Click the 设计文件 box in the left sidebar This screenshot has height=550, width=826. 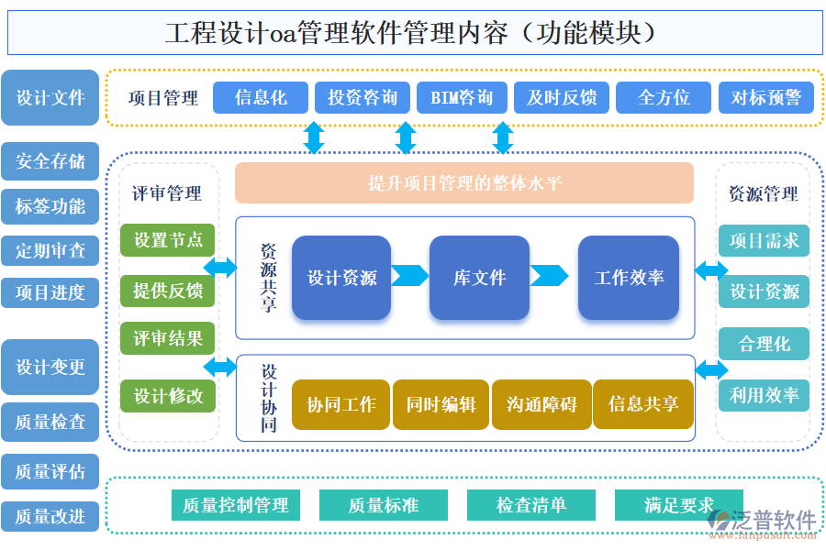50,97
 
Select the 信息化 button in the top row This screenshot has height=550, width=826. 261,97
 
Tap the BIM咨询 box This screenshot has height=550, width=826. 462,97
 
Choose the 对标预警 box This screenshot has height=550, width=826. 765,97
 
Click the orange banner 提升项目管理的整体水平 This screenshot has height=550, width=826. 464,182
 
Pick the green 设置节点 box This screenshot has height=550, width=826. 167,240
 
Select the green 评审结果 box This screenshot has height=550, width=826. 167,338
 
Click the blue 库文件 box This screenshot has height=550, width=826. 479,278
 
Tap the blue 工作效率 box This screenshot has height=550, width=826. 629,278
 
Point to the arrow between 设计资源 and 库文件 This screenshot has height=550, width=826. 410,276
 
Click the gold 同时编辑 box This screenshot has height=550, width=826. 441,404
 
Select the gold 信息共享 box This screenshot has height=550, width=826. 642,404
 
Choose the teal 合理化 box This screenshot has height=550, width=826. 764,344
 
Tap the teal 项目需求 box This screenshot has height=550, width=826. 764,240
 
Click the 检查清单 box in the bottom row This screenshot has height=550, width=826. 531,505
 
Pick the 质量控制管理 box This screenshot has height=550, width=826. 236,505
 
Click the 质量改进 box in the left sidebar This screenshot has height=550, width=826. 50,516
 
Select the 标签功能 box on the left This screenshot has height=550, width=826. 50,206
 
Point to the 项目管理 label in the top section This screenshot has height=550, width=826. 163,98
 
